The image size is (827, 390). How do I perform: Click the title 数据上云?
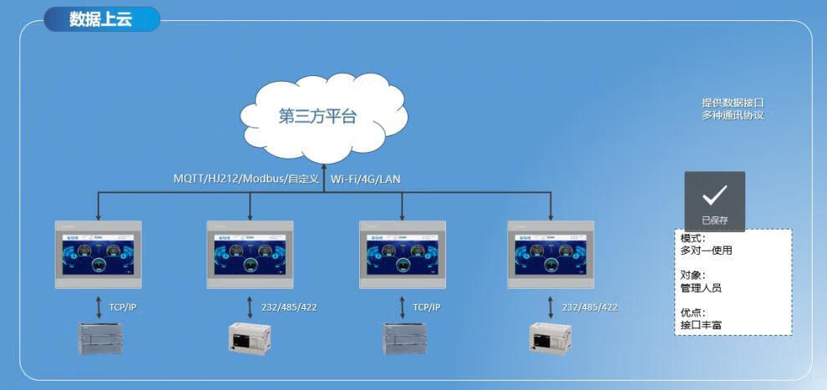tap(100, 19)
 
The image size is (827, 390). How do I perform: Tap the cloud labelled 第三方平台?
tap(317, 116)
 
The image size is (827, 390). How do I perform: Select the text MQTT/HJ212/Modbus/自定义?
tap(246, 179)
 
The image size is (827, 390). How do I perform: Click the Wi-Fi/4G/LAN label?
tap(366, 179)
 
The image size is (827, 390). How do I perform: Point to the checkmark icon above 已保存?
tap(714, 195)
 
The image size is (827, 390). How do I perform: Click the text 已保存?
tap(714, 220)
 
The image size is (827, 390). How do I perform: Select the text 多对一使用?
tap(706, 250)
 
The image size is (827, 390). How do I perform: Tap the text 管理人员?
tap(701, 287)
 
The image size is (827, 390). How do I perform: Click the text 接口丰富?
tap(701, 325)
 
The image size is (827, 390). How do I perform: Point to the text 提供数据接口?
tap(733, 103)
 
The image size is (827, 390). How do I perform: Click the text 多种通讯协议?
tap(733, 115)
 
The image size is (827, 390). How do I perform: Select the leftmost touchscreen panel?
tap(98, 254)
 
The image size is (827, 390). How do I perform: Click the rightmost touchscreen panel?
tap(551, 254)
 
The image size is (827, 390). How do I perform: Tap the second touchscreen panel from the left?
tap(250, 254)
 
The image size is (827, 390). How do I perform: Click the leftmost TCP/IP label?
tap(122, 307)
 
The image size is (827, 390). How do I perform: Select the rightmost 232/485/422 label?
tap(590, 307)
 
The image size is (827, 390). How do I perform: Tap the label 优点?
tap(693, 312)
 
